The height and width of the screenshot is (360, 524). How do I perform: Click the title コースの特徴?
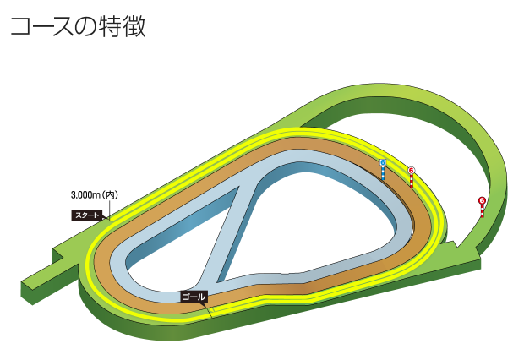coord(78,26)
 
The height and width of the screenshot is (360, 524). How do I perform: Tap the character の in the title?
coord(92,26)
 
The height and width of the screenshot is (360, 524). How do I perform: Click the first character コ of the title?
coord(21,26)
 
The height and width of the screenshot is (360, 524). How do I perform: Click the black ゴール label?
coord(193,297)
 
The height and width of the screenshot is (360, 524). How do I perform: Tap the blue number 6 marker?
coord(383,163)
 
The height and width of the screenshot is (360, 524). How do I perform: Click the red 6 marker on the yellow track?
coord(412,172)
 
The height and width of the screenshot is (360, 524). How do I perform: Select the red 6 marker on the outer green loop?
coord(482,201)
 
